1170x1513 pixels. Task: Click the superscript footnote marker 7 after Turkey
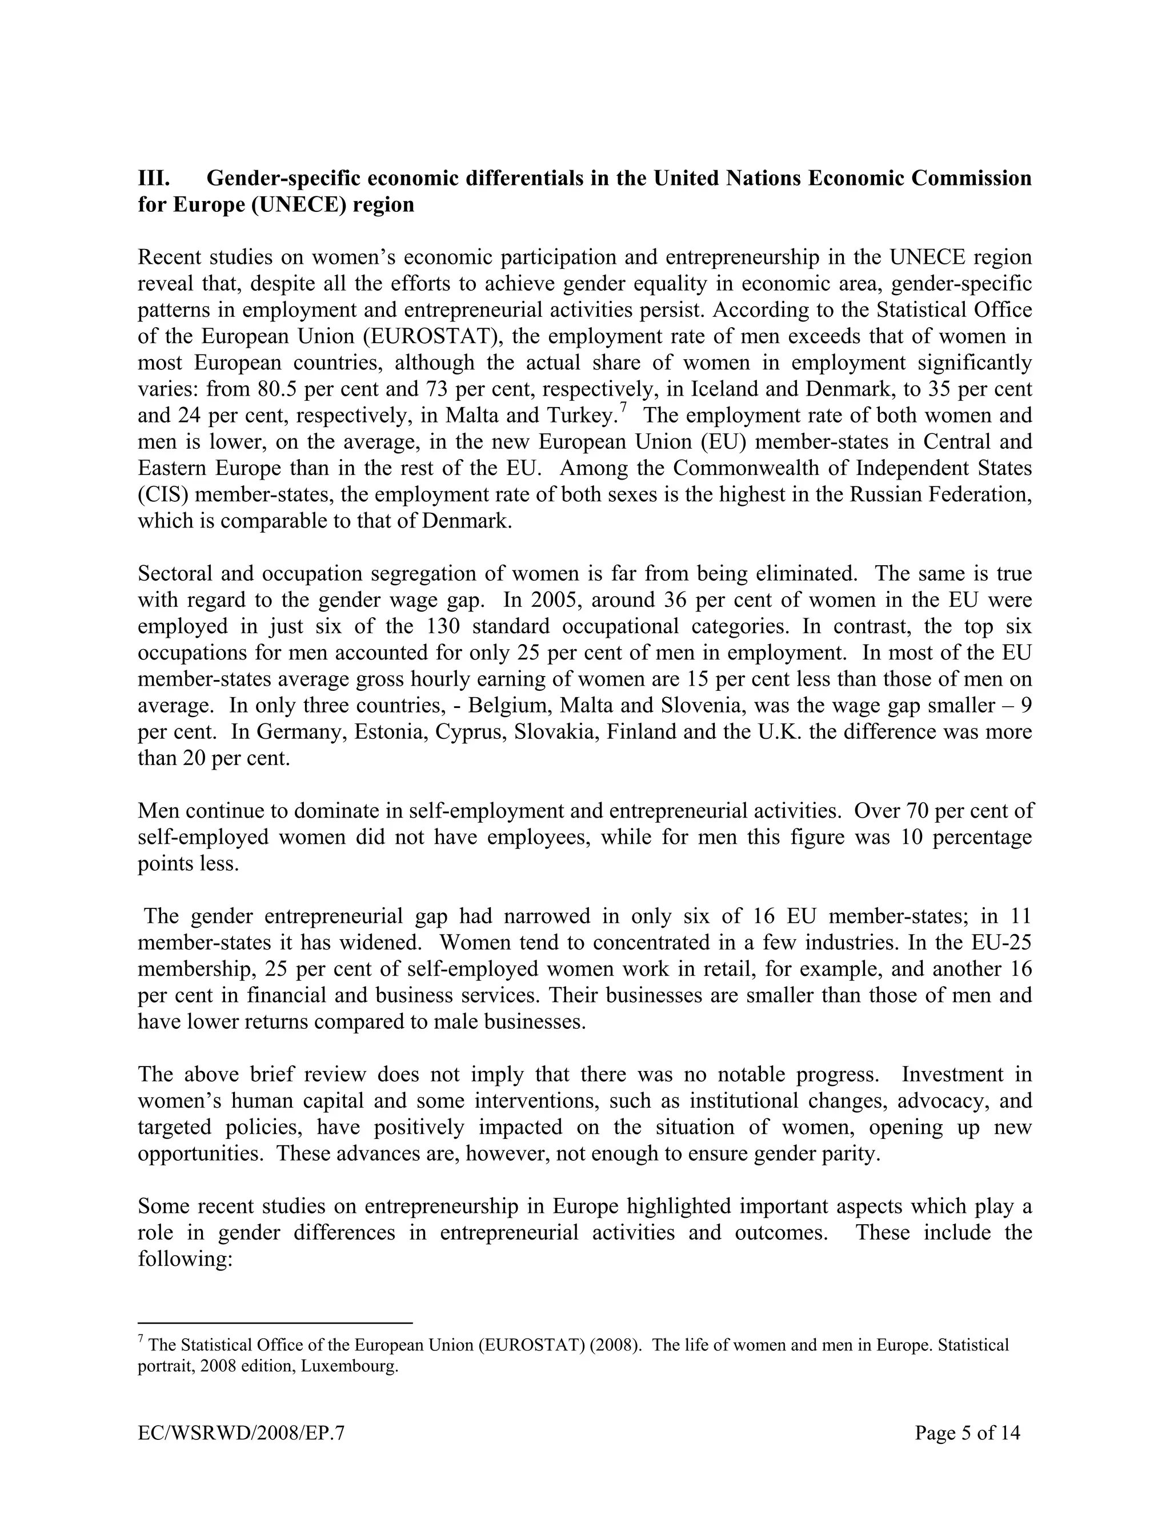(x=623, y=409)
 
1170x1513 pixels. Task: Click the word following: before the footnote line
(x=185, y=1259)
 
